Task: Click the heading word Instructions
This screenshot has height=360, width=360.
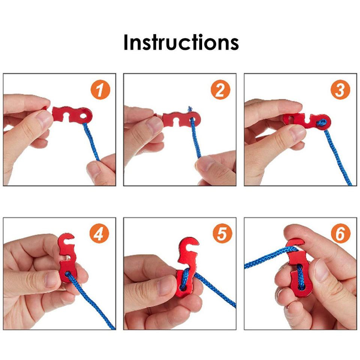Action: tap(181, 42)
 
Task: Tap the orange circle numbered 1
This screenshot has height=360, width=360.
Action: tap(100, 90)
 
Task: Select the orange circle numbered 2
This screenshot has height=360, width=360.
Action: tap(220, 90)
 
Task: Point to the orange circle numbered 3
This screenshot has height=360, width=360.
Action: tap(340, 90)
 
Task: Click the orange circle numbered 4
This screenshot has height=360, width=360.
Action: tap(99, 233)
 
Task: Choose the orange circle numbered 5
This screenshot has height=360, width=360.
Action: tap(222, 233)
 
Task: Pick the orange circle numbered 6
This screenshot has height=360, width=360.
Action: tap(341, 233)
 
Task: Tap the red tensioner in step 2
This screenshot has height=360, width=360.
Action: tap(181, 119)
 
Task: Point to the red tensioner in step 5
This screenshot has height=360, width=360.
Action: tap(186, 266)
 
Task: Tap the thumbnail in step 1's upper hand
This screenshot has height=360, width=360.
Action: tap(45, 119)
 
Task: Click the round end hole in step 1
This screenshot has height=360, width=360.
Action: tap(84, 115)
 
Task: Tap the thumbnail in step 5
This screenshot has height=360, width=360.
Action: tap(166, 285)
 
